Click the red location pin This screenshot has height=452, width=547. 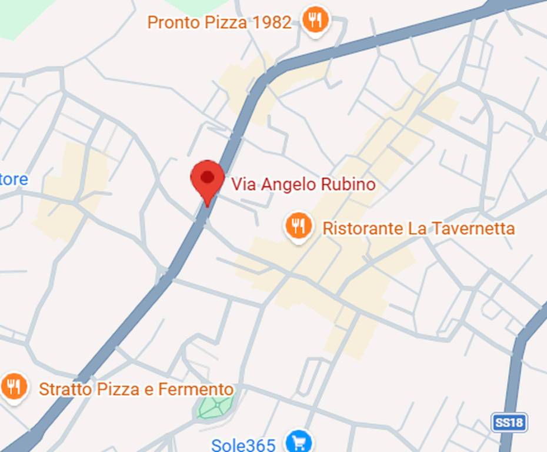click(207, 178)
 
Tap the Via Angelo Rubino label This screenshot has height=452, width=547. click(303, 184)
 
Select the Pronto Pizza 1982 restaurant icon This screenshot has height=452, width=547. click(315, 21)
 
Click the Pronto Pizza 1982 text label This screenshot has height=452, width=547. click(219, 22)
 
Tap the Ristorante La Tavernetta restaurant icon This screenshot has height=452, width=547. click(299, 226)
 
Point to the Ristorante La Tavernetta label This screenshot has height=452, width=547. click(418, 228)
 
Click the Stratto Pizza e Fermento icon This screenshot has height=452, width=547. click(14, 387)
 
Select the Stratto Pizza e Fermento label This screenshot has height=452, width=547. click(136, 389)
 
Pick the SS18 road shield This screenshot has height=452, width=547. click(509, 422)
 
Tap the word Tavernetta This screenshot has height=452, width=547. click(473, 228)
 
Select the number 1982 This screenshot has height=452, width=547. click(272, 22)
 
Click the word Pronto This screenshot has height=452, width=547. click(174, 22)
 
